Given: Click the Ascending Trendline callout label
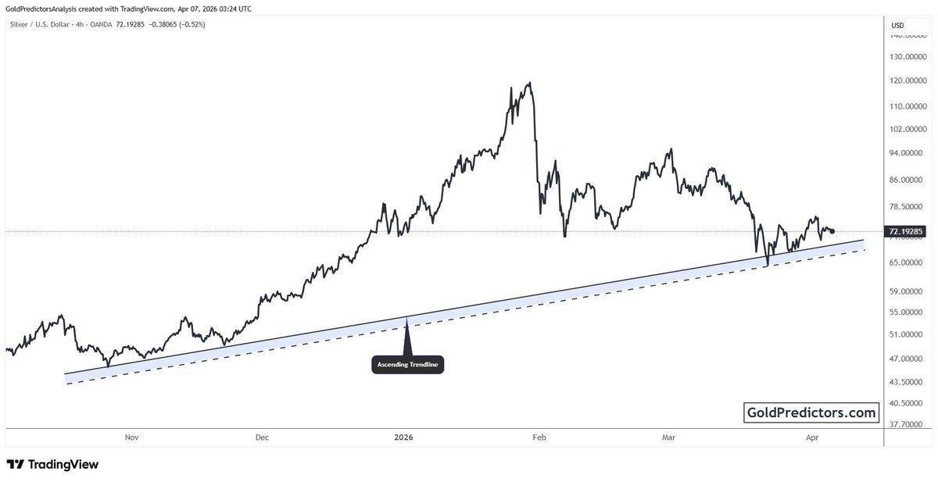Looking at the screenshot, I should tap(407, 365).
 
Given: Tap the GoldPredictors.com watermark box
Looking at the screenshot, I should tap(811, 412).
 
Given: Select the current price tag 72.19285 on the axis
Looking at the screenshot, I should tap(908, 231).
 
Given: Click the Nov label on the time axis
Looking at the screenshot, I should tap(131, 437).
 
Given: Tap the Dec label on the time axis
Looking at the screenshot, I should tap(262, 437).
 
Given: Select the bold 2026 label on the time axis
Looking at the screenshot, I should tap(405, 437).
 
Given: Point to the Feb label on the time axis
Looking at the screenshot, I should tap(538, 437).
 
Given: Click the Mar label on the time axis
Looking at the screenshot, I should tap(668, 437).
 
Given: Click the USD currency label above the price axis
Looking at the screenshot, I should tap(897, 26).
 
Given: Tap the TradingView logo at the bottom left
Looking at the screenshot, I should tap(52, 464).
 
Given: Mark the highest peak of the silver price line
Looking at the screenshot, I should tap(531, 83).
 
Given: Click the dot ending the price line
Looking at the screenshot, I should tap(833, 231).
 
